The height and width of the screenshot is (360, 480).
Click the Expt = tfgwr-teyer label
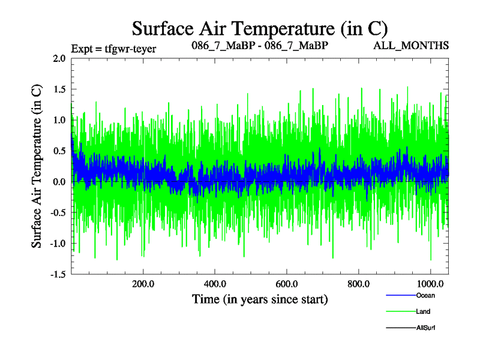pos(113,49)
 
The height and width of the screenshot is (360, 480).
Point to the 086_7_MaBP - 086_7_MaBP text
pos(260,46)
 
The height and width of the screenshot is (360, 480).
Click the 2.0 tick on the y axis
pos(59,59)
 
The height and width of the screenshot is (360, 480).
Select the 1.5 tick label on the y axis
pos(59,89)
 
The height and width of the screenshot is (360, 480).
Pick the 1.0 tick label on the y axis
pos(59,120)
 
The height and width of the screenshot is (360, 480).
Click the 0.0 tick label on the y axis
pos(59,182)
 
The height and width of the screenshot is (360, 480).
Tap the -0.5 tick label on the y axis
pos(58,212)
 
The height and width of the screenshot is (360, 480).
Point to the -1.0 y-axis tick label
pos(58,244)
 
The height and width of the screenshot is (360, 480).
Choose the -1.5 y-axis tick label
pos(58,274)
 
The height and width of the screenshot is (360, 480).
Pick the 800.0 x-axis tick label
pos(358,284)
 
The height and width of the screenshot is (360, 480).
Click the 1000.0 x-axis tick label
pos(430,284)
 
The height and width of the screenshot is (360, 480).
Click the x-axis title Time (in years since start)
pos(260,299)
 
